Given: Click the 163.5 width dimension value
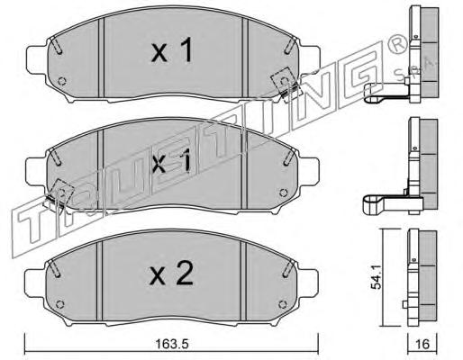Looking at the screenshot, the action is [x=172, y=344].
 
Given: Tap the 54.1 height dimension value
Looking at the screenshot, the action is [x=376, y=277].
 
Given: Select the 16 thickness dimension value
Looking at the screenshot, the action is [x=422, y=344].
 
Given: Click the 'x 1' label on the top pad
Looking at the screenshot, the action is [x=172, y=51].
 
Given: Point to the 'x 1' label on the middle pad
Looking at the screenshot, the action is [x=172, y=161].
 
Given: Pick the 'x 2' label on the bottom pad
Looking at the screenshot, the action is [x=171, y=274].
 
